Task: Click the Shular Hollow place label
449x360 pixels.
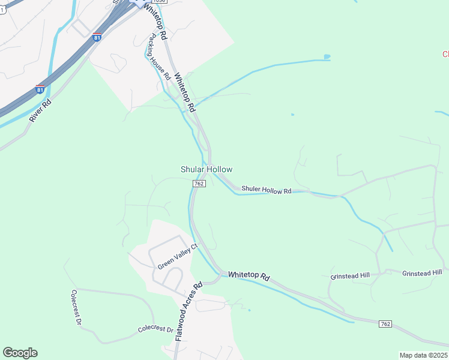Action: (206, 170)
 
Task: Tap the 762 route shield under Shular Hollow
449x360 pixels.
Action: (200, 183)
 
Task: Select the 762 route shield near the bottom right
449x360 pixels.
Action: (386, 324)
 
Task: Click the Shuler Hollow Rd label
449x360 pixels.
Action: (266, 190)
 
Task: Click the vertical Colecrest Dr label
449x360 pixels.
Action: (76, 307)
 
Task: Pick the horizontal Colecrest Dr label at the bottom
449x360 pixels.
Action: (155, 329)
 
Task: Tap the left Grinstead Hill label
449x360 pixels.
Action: (350, 276)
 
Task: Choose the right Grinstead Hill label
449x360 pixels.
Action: (421, 273)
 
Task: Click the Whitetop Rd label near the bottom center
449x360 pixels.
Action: (249, 275)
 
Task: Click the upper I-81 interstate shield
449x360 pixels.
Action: (97, 37)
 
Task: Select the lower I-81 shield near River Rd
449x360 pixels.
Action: (40, 89)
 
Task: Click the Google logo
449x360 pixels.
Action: (20, 353)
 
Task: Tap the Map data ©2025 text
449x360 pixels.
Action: (423, 355)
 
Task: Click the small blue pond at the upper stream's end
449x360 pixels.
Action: (327, 58)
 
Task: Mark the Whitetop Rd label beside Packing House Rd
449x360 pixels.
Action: (185, 92)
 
